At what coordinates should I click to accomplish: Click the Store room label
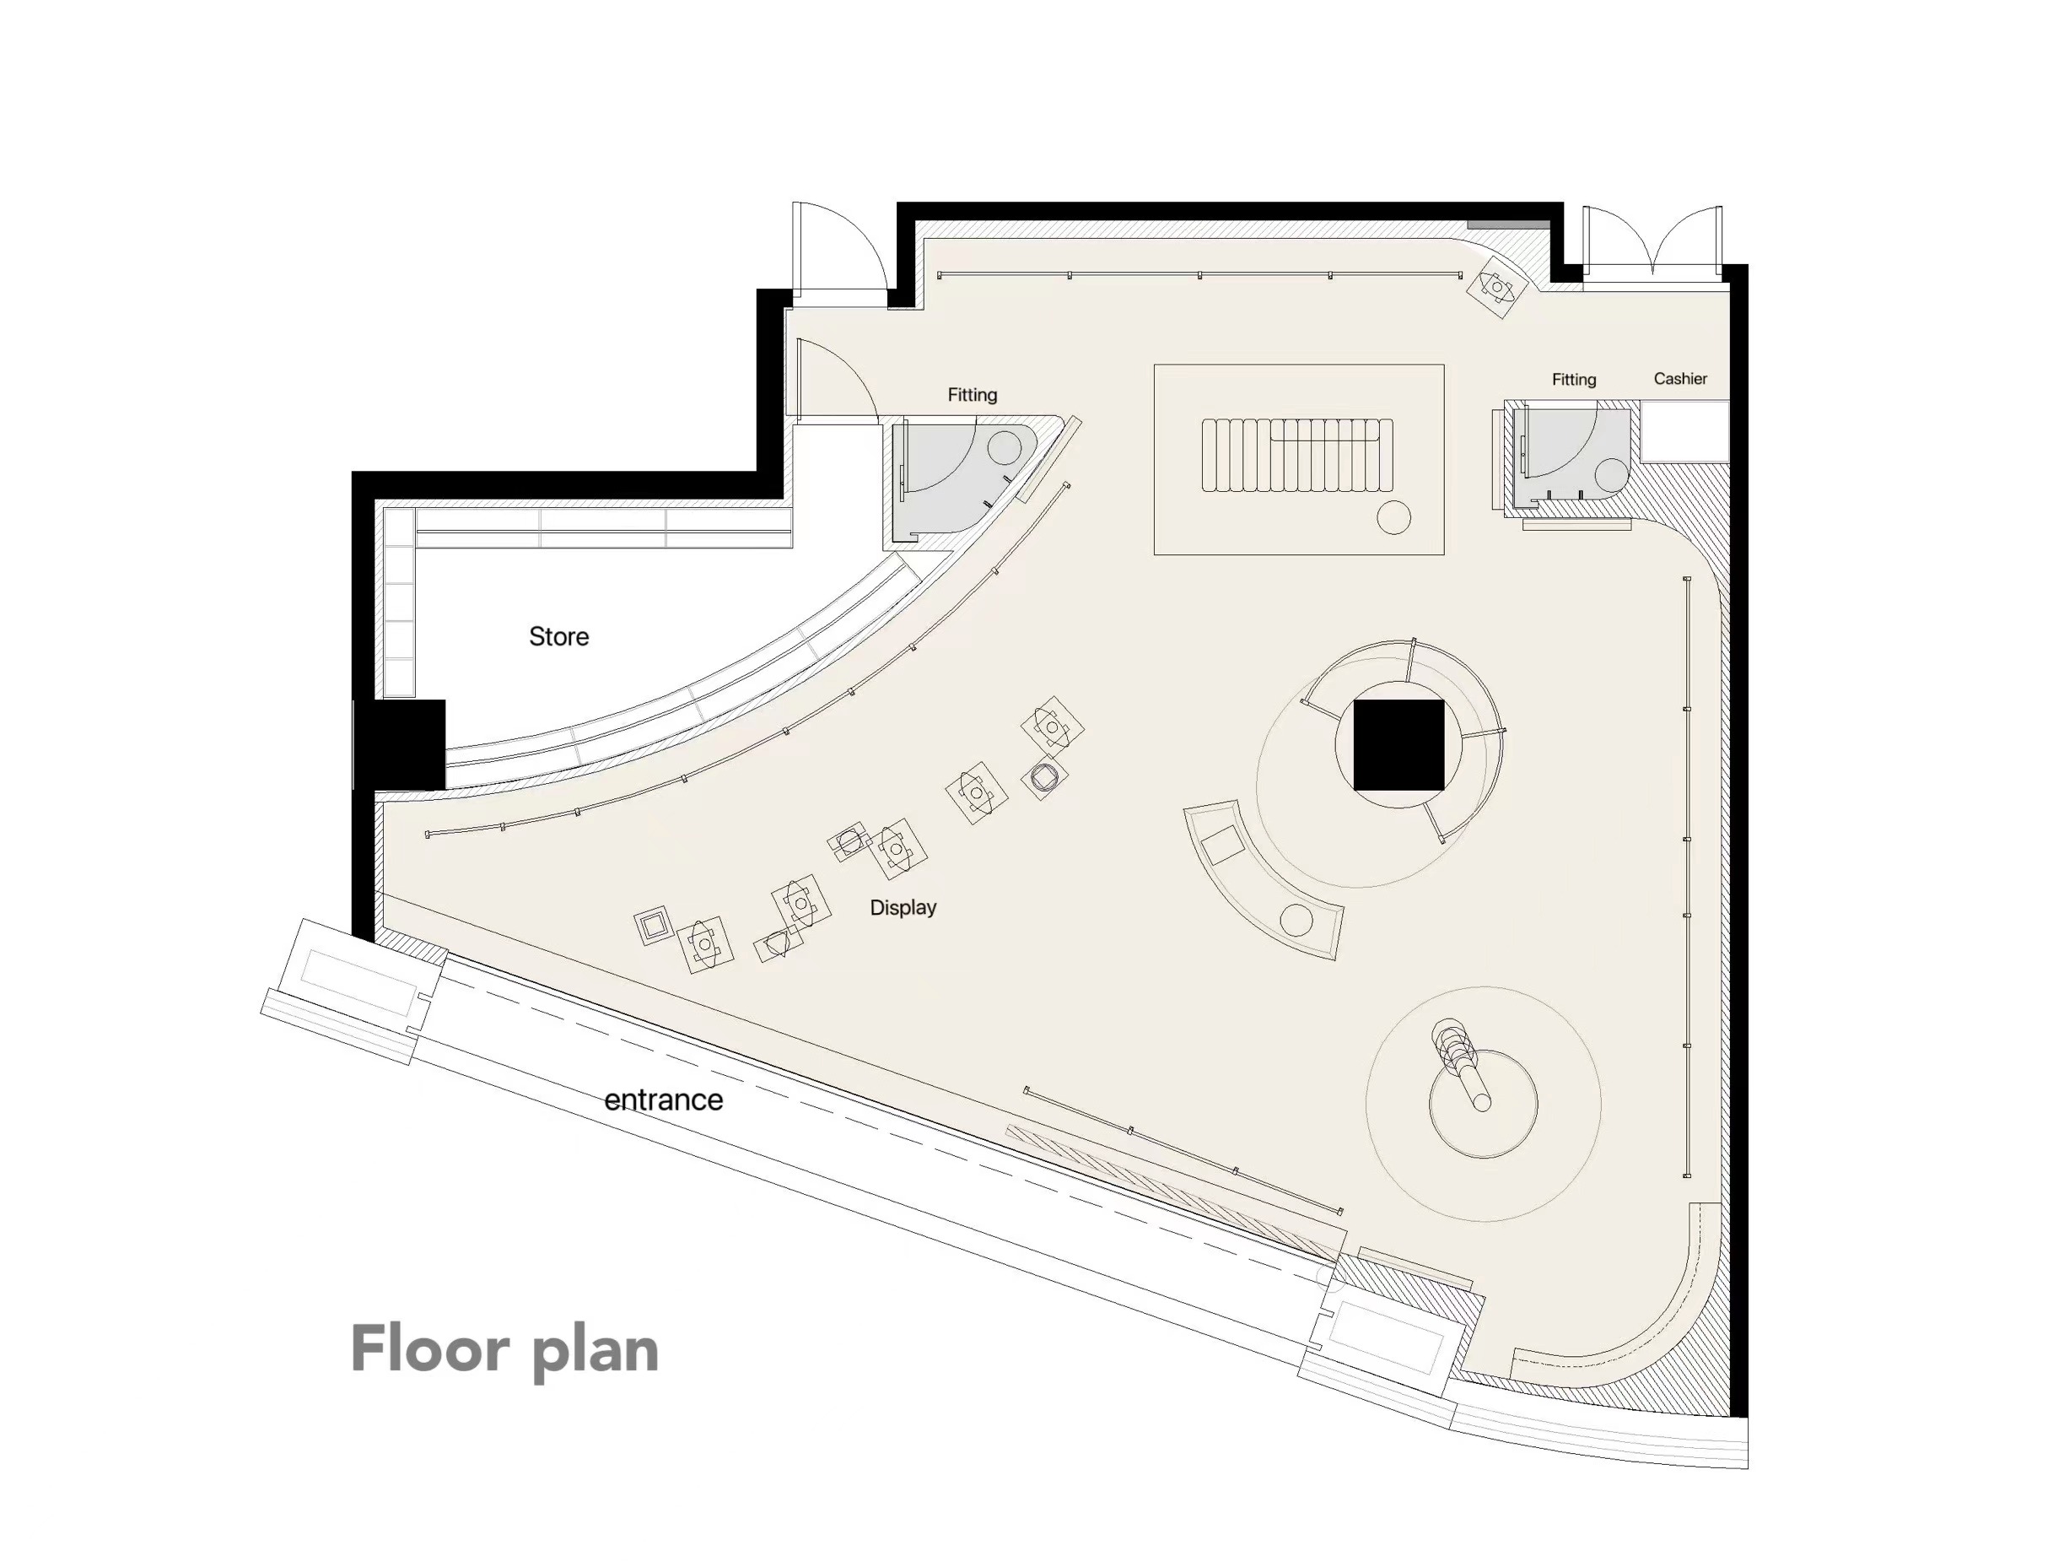click(x=559, y=636)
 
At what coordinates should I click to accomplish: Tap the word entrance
click(x=664, y=1100)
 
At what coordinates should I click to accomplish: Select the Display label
click(x=903, y=907)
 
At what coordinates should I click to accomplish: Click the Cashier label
click(x=1680, y=379)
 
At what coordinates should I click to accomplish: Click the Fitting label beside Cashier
click(x=1574, y=380)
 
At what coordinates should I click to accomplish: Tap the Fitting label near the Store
click(x=973, y=395)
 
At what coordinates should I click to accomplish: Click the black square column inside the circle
click(x=1398, y=745)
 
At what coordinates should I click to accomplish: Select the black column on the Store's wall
click(x=399, y=745)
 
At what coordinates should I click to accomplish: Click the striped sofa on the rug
click(x=1298, y=455)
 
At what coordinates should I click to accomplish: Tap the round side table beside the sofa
click(x=1394, y=518)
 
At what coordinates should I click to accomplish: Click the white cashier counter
click(x=1685, y=431)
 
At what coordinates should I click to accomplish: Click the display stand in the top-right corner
click(x=1496, y=287)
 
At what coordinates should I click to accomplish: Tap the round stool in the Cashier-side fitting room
click(x=1611, y=475)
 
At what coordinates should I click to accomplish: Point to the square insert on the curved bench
click(x=1223, y=844)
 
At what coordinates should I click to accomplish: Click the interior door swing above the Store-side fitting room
click(x=838, y=377)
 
